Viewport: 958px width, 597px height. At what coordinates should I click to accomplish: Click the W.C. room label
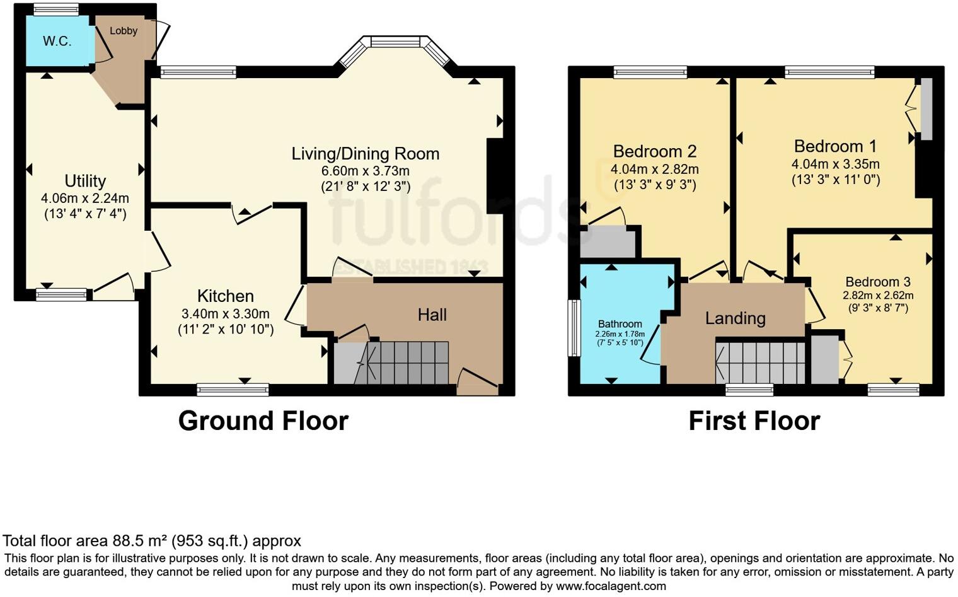[x=57, y=42]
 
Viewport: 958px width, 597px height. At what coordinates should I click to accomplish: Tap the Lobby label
[x=123, y=31]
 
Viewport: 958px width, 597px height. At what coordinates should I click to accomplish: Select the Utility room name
[x=85, y=181]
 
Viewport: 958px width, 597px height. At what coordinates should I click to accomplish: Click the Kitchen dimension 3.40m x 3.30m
[x=226, y=314]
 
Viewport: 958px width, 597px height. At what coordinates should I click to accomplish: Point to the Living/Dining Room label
[x=365, y=154]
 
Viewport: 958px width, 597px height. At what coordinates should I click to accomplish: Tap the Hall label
[x=432, y=315]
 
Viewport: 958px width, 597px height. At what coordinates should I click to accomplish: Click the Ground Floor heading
[x=263, y=421]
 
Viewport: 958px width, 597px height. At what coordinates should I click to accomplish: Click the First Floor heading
[x=754, y=421]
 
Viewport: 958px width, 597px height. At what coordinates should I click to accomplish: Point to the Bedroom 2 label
[x=654, y=151]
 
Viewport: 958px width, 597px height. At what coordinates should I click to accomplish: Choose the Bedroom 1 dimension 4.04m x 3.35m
[x=835, y=164]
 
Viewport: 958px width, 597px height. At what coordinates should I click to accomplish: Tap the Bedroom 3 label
[x=877, y=282]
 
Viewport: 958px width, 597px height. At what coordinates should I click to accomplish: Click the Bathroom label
[x=620, y=324]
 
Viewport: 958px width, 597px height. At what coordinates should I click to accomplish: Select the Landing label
[x=735, y=318]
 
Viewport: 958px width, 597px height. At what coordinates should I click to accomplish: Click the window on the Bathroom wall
[x=574, y=328]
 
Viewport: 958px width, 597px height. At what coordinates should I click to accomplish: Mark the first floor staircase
[x=761, y=362]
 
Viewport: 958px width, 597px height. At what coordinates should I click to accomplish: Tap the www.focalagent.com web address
[x=611, y=586]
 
